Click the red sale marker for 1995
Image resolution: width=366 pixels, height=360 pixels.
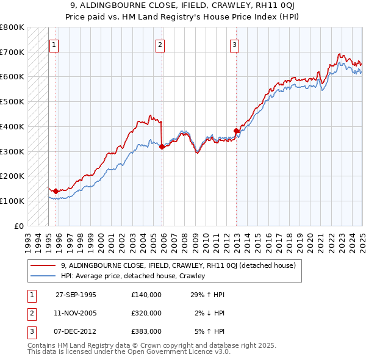(56, 191)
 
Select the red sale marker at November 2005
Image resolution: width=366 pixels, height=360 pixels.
(162, 146)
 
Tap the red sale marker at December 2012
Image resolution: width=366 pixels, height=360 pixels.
(236, 131)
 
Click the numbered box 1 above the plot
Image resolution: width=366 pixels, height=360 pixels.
(54, 44)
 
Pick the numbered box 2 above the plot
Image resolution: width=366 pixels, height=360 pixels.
(160, 44)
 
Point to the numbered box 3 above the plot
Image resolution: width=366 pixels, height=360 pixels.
(234, 44)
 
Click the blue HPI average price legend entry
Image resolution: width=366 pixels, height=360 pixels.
(132, 276)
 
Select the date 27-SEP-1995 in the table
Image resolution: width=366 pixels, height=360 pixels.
(76, 295)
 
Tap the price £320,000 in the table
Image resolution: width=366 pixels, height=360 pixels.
(146, 313)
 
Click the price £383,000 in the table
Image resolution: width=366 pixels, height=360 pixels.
(146, 331)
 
